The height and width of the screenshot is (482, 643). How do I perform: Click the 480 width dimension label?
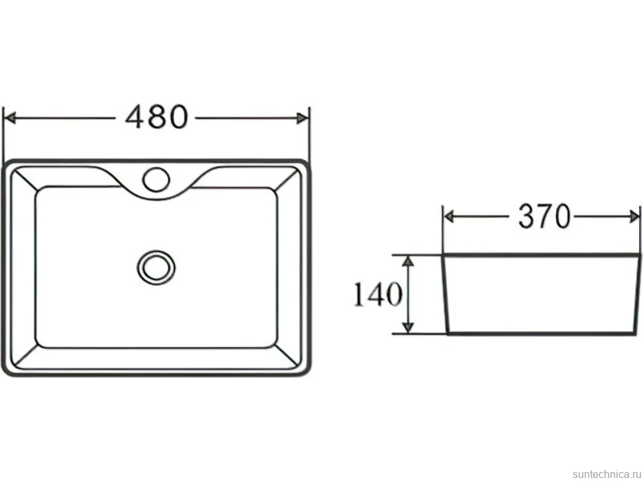coord(156,117)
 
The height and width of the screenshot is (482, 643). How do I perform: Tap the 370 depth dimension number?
coord(545,216)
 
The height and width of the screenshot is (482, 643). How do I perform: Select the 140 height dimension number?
coord(378,294)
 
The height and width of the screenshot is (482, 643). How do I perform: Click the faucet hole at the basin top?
coord(156,179)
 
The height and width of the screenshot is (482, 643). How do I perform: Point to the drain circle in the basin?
coord(156,267)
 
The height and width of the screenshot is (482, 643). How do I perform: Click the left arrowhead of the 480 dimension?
coord(10,118)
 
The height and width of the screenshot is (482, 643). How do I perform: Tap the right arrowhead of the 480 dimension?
coord(303,119)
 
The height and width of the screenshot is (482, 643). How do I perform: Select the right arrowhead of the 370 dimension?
coord(634,217)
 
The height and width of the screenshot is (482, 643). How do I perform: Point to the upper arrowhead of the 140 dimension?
coord(408,262)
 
